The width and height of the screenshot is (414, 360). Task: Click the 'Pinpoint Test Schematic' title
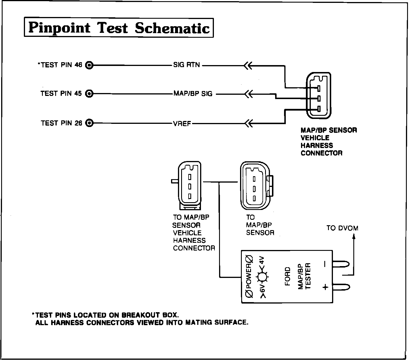(119, 28)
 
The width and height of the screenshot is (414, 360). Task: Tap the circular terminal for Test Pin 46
(90, 65)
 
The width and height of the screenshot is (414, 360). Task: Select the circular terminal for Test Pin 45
(90, 94)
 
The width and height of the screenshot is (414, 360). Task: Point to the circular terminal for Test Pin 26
(90, 123)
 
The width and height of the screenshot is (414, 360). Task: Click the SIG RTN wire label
(187, 65)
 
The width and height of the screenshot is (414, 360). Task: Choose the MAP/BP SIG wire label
(193, 94)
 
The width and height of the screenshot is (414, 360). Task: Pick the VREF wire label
(182, 124)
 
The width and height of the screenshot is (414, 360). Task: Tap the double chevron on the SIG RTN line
(248, 66)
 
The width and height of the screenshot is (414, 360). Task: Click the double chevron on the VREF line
(248, 124)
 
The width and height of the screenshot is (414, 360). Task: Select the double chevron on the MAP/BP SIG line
(248, 94)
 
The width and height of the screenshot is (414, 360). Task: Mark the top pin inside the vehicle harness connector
(319, 88)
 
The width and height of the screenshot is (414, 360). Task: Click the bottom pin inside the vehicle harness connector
(319, 109)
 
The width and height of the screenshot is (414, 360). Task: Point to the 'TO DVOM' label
(342, 228)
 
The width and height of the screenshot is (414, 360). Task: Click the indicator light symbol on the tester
(262, 277)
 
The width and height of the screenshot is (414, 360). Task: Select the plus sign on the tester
(325, 287)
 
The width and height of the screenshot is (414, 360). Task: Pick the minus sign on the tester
(325, 264)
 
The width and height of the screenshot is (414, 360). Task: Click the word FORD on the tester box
(287, 276)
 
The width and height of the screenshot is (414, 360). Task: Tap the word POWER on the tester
(249, 276)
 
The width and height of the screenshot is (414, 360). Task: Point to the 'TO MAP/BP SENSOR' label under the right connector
(260, 225)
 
